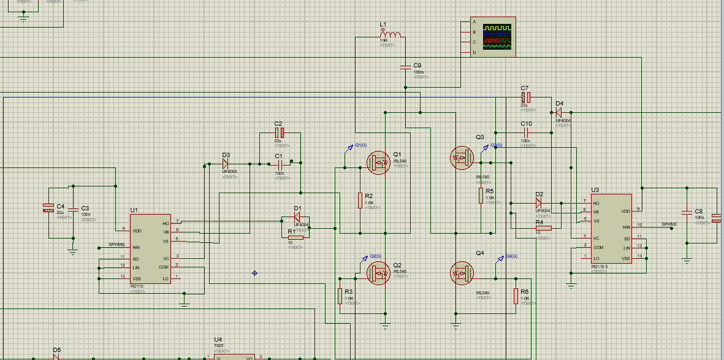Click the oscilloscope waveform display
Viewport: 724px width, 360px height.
pos(497,37)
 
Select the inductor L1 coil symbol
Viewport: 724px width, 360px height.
pos(391,34)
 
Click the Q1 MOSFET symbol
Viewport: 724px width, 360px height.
pos(379,162)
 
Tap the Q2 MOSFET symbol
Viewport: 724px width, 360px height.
pos(379,273)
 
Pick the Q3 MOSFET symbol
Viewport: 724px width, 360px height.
pos(462,158)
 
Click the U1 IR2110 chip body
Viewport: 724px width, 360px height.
pos(150,253)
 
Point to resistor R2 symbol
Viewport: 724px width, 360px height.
pos(360,201)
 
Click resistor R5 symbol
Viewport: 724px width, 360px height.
pos(481,196)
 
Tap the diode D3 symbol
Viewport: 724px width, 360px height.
pos(226,164)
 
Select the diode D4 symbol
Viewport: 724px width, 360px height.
pos(558,112)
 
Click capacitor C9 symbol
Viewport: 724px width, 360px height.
pos(405,66)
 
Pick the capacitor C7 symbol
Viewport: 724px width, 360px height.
pos(525,98)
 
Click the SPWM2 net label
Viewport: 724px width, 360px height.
pos(669,224)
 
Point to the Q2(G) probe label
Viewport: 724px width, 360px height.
pos(376,256)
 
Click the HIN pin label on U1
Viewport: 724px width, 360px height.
pos(136,247)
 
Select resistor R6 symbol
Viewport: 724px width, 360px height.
pos(516,296)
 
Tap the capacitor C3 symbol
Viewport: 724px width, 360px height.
pos(73,210)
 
